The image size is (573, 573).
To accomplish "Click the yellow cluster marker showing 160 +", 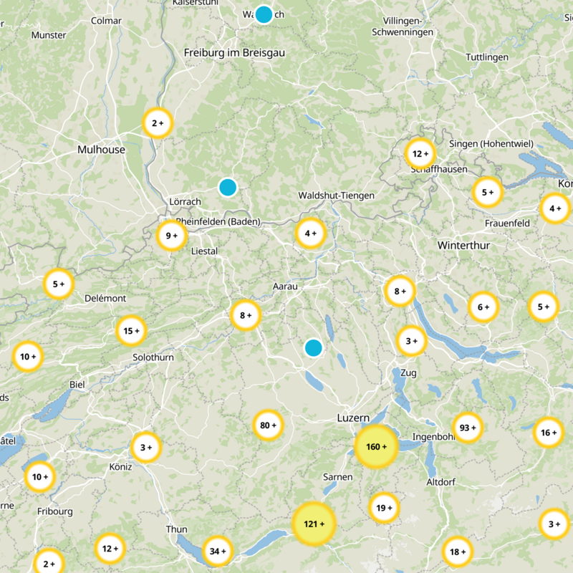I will point(375,447).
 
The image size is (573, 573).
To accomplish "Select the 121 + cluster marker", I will point(314,524).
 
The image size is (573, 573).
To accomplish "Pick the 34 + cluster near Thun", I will point(218,552).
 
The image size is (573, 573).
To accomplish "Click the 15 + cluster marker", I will point(131,331).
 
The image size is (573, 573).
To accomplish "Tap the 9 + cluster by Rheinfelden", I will point(172,236).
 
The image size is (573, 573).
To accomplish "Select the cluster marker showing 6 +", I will point(483,307).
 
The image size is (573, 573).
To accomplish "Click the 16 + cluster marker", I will point(549,433).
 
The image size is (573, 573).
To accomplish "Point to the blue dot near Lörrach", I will point(227,187).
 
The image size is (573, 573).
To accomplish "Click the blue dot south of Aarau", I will point(313,348).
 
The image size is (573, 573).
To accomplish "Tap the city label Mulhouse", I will point(101,150).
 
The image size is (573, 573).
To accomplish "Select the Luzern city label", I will point(353,418).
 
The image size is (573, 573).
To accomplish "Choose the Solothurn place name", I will point(153,357).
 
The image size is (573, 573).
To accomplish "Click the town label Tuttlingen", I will point(487,57).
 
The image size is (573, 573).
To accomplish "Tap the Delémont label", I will point(105,298).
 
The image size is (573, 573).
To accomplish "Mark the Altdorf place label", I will point(440,482).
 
